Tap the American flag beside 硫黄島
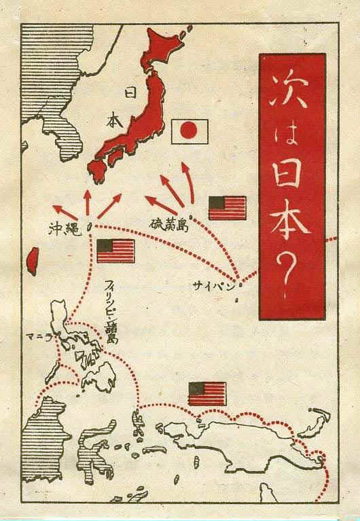click(227, 208)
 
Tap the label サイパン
click(217, 286)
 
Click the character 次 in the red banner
click(293, 92)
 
